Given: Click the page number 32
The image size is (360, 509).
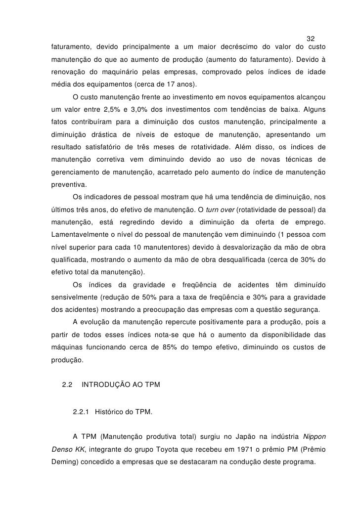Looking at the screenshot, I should click(311, 39).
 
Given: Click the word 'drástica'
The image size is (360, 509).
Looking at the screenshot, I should click(106, 134).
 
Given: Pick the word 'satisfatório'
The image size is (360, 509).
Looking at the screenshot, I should click(112, 147).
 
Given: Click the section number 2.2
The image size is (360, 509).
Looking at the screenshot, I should click(67, 384).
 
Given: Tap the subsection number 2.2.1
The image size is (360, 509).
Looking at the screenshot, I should click(81, 411).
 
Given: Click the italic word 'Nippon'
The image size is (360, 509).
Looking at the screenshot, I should click(315, 436).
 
